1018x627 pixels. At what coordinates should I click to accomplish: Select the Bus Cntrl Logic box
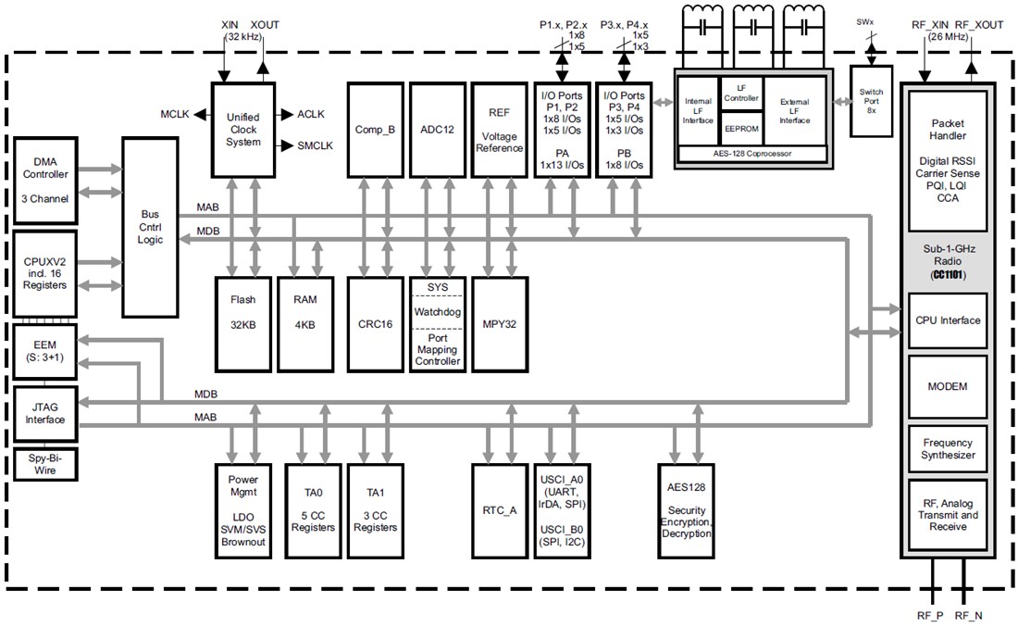pos(150,226)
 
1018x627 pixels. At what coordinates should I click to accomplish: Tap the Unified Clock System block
pos(243,130)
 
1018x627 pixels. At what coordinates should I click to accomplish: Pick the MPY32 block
pos(499,324)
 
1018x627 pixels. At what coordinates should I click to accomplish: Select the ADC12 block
pos(437,130)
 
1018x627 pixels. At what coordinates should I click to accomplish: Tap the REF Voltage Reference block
pos(499,130)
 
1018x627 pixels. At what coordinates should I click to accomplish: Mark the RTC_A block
pos(499,509)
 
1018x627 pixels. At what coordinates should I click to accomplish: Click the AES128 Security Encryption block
pos(687,509)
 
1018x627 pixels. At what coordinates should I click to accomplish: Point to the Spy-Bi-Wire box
pos(45,465)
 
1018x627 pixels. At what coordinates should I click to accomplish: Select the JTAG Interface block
pos(45,413)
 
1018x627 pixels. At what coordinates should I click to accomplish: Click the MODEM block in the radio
pos(947,385)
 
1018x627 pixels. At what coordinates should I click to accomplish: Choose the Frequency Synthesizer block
pos(947,449)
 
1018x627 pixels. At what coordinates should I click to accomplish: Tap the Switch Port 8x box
pos(871,100)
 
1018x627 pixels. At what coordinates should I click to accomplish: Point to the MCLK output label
pos(174,114)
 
